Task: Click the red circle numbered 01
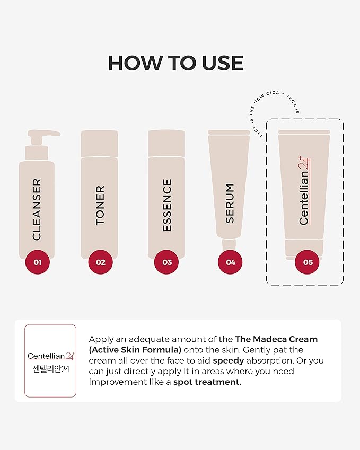[x=37, y=262]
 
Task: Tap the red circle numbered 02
[x=101, y=262]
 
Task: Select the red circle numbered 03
[x=166, y=262]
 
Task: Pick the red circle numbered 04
[x=230, y=262]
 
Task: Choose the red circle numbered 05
[x=307, y=262]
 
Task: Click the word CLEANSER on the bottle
[x=37, y=209]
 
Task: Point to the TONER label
[x=100, y=205]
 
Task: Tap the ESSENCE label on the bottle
[x=167, y=205]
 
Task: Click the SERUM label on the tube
[x=230, y=203]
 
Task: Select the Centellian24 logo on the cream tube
[x=304, y=191]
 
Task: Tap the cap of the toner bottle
[x=99, y=144]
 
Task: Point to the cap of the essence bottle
[x=166, y=144]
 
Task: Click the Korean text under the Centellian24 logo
[x=51, y=369]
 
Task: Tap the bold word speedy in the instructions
[x=228, y=361]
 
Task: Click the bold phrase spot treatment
[x=207, y=382]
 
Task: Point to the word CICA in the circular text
[x=273, y=94]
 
